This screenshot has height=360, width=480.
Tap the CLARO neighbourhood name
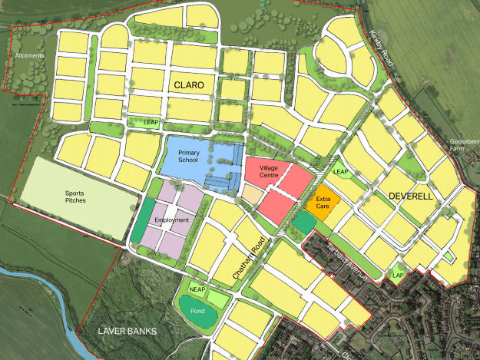coord(189,86)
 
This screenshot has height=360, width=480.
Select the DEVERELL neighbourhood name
coord(412,196)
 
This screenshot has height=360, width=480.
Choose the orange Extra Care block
coord(322,201)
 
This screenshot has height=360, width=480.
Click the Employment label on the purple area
coord(171,220)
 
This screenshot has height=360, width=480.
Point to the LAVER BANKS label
coord(127,332)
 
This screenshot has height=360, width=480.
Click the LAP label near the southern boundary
coord(397,275)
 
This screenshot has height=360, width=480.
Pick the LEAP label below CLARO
coord(151,122)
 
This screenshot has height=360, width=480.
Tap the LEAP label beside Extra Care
coord(341,172)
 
